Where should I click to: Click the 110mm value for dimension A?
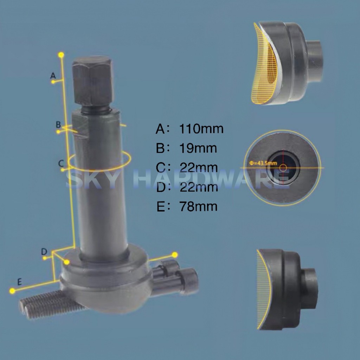(201, 129)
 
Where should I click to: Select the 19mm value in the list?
(198, 148)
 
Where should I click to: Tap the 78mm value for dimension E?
(198, 206)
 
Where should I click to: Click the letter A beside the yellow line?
(53, 75)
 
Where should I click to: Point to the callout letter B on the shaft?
(58, 125)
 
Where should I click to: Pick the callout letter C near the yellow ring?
(61, 163)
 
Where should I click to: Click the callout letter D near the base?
(44, 252)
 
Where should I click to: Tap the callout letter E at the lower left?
(20, 282)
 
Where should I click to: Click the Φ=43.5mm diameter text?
(263, 163)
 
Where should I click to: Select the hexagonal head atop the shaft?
(93, 81)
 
